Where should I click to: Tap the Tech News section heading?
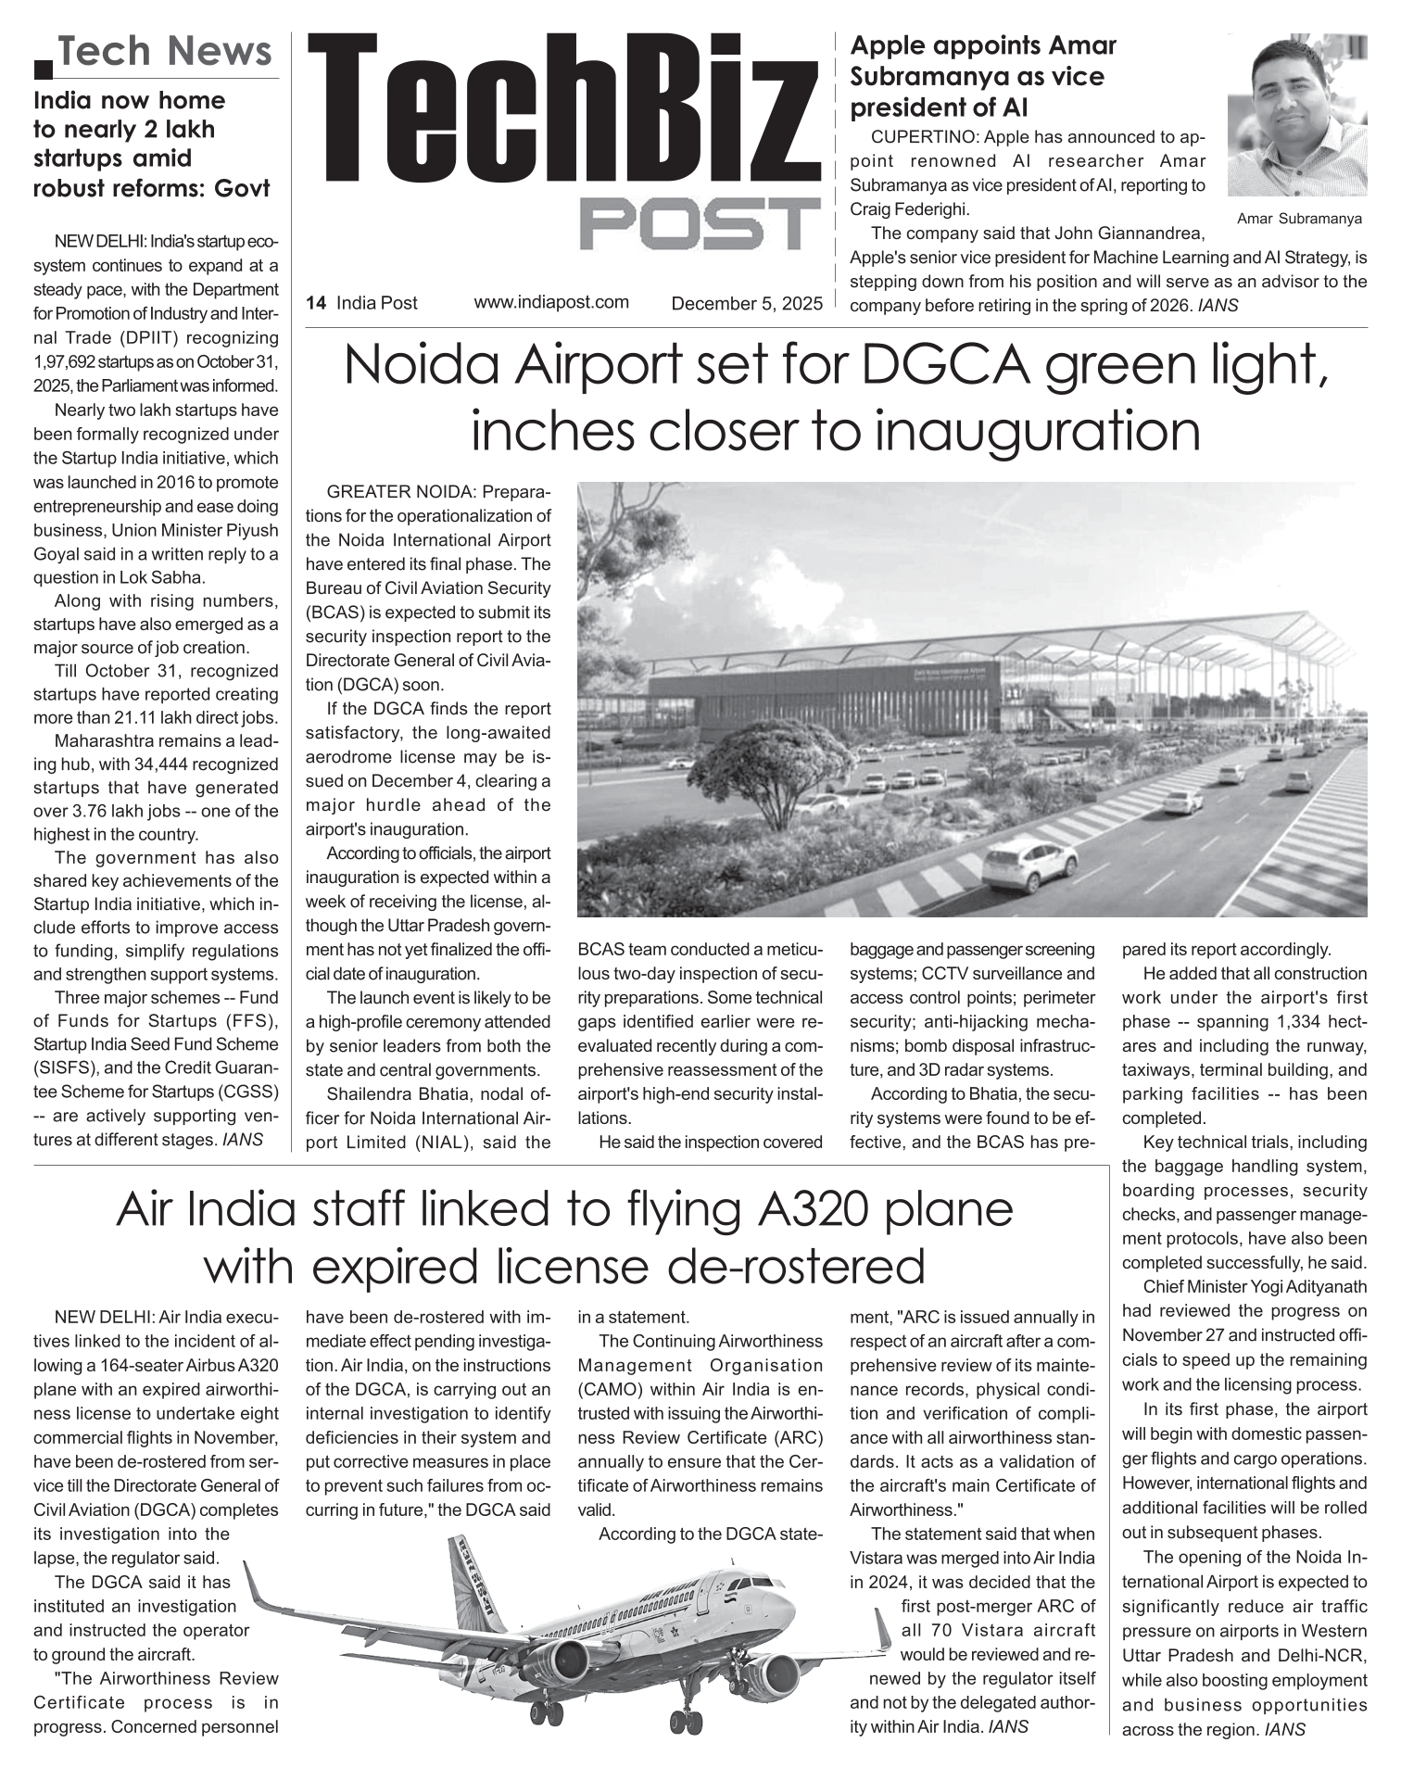point(166,52)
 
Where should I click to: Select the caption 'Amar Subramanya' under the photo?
point(1299,220)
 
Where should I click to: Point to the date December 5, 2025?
point(746,303)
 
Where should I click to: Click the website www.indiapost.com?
point(551,302)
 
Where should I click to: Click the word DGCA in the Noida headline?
point(946,366)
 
